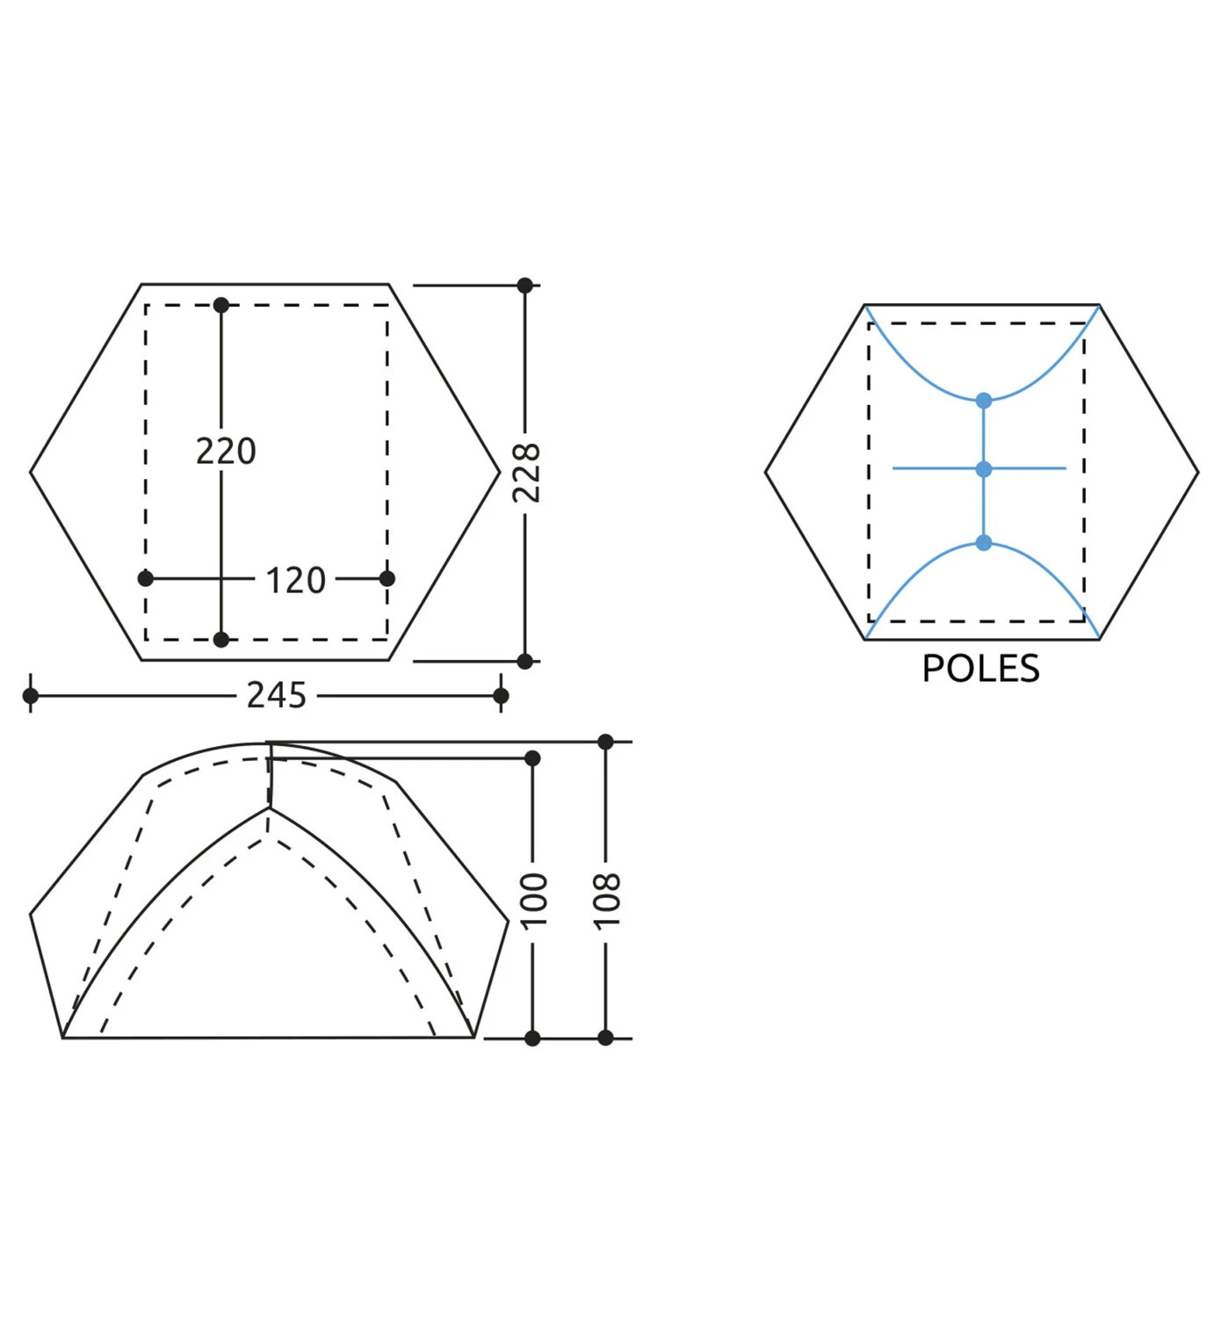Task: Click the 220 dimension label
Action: (x=226, y=452)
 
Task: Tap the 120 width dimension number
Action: (x=295, y=580)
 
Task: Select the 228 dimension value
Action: (x=527, y=473)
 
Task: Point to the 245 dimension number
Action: (x=277, y=695)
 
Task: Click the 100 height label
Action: (x=535, y=901)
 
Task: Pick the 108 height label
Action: (x=608, y=901)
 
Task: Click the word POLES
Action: (x=981, y=669)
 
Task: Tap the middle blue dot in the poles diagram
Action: (x=984, y=469)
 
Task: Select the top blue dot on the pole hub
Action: (x=984, y=400)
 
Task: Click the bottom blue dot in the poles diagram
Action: (x=984, y=543)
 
